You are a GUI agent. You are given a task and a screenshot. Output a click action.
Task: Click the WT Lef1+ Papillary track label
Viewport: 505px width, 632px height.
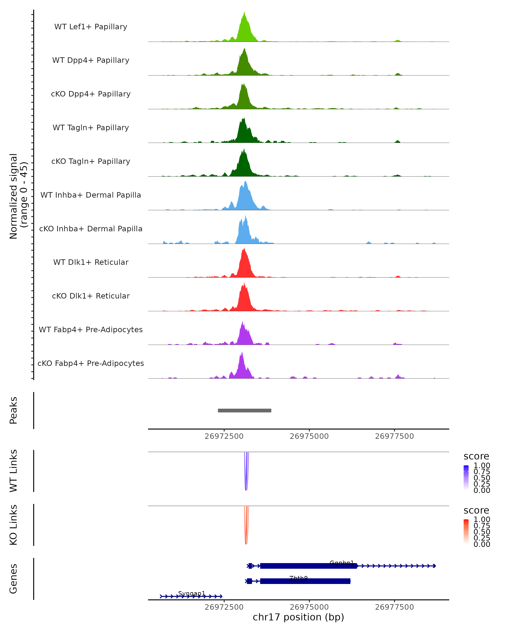click(x=91, y=27)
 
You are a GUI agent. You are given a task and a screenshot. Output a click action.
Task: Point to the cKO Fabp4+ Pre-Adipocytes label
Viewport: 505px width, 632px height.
click(x=91, y=363)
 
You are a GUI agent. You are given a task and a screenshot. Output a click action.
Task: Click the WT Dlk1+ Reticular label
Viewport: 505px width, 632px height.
click(x=91, y=262)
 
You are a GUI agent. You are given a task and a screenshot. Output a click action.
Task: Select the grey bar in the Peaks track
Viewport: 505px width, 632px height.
click(x=245, y=410)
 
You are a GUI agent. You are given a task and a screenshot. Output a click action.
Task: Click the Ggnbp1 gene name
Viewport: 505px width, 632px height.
click(x=342, y=563)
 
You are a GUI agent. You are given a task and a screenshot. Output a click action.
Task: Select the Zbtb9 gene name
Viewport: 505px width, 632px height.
click(x=298, y=578)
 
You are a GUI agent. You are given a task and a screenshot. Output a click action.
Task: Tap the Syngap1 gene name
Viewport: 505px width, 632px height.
click(x=192, y=593)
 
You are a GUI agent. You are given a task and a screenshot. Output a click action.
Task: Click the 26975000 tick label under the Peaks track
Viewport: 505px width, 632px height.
click(x=309, y=436)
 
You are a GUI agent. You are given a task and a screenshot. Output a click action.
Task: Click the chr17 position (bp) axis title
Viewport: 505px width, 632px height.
click(x=298, y=617)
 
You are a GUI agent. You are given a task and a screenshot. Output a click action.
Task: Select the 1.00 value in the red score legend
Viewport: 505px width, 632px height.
click(x=482, y=519)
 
